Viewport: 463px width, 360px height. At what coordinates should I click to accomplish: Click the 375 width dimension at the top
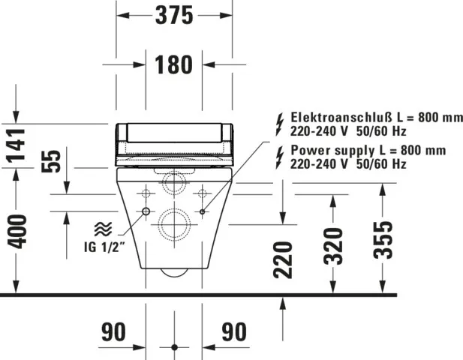click(174, 14)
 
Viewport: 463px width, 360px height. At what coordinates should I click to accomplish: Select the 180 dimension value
click(174, 65)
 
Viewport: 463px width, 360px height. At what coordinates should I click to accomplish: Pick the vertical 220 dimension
click(283, 259)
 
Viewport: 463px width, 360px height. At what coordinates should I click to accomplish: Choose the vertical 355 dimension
click(383, 240)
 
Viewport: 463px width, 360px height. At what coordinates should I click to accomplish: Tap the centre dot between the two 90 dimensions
click(174, 347)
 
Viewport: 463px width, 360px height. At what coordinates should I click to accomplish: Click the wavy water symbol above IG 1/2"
click(101, 230)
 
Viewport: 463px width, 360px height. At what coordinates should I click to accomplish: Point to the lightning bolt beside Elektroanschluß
click(281, 120)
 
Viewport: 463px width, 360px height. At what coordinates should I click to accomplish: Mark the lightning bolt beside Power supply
click(281, 150)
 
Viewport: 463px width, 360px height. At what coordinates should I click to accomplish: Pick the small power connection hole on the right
click(203, 212)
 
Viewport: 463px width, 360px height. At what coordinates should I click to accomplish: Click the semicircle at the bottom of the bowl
click(174, 272)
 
